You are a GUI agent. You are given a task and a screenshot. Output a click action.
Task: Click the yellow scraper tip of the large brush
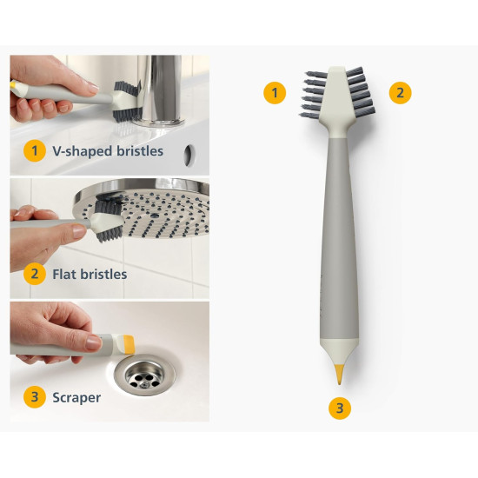pos(339,374)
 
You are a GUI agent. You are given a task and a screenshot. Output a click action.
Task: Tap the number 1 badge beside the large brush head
pos(275,93)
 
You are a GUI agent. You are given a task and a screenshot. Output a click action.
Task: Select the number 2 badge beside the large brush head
pos(400,93)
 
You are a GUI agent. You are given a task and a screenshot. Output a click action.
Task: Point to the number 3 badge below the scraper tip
pos(340,408)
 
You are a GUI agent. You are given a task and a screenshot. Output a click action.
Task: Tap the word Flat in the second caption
pos(63,274)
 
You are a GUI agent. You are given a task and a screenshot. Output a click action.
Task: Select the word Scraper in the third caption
pos(76,398)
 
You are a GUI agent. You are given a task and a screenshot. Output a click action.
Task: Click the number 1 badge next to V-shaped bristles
pos(35,150)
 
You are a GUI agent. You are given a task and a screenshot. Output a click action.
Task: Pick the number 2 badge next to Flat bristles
pos(35,274)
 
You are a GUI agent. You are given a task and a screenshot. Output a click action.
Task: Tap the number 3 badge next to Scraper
pos(35,397)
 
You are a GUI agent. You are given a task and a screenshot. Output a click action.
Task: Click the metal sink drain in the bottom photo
pos(144,375)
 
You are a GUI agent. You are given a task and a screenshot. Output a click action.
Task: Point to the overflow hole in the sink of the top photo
pos(189,156)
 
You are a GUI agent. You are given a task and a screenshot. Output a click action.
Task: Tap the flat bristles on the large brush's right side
pos(361,92)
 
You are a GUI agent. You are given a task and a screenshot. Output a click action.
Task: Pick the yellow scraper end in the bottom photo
pos(128,345)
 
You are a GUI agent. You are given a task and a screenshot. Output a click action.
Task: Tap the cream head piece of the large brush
pos(337,101)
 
